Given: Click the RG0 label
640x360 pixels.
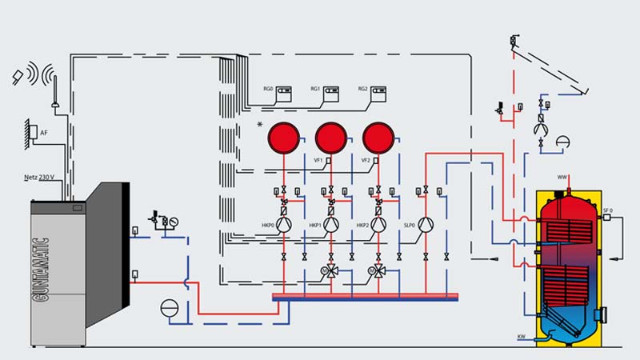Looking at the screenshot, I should click(x=268, y=89).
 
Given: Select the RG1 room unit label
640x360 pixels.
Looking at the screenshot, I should click(x=315, y=89).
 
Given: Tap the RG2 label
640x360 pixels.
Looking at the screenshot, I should click(x=362, y=89).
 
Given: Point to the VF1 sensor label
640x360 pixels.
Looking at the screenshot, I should click(x=318, y=160).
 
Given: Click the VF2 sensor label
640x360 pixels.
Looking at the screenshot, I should click(x=366, y=160).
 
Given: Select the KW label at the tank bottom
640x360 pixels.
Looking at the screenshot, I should click(x=522, y=336).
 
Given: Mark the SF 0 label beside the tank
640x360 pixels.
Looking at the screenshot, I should click(x=607, y=210).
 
